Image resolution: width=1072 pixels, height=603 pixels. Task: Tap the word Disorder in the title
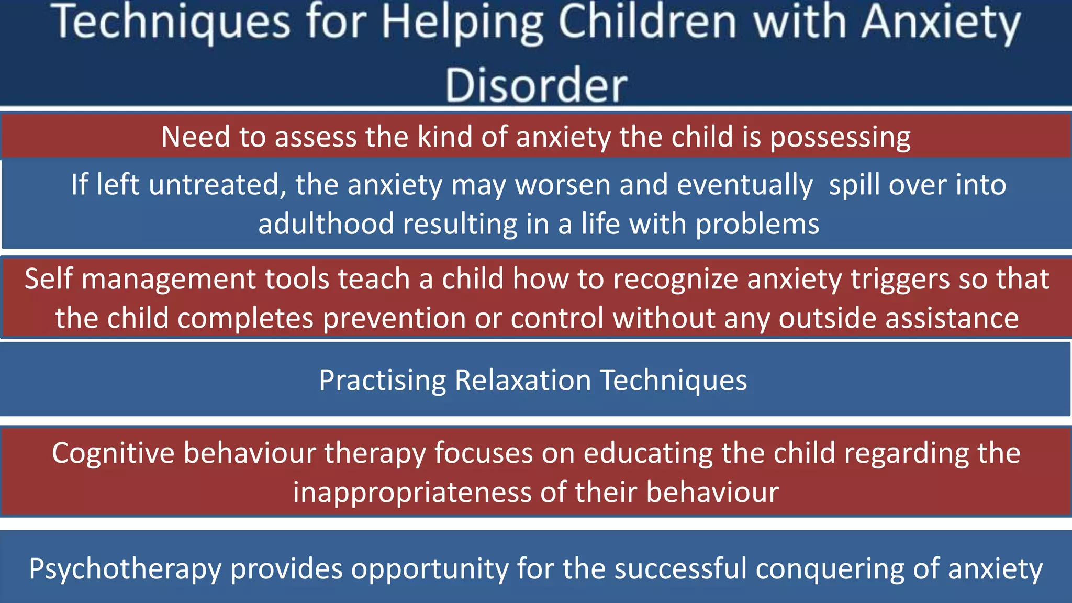point(536,85)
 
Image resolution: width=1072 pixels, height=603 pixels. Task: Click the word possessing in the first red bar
point(840,137)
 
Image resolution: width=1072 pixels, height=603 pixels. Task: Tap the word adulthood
point(326,224)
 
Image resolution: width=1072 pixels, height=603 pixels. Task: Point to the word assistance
point(952,318)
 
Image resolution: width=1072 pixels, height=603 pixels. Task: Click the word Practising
point(382,380)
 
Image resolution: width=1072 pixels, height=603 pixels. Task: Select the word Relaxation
point(522,380)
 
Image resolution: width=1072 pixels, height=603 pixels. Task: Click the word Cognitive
point(113,453)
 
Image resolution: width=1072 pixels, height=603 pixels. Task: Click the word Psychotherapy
point(125,569)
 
